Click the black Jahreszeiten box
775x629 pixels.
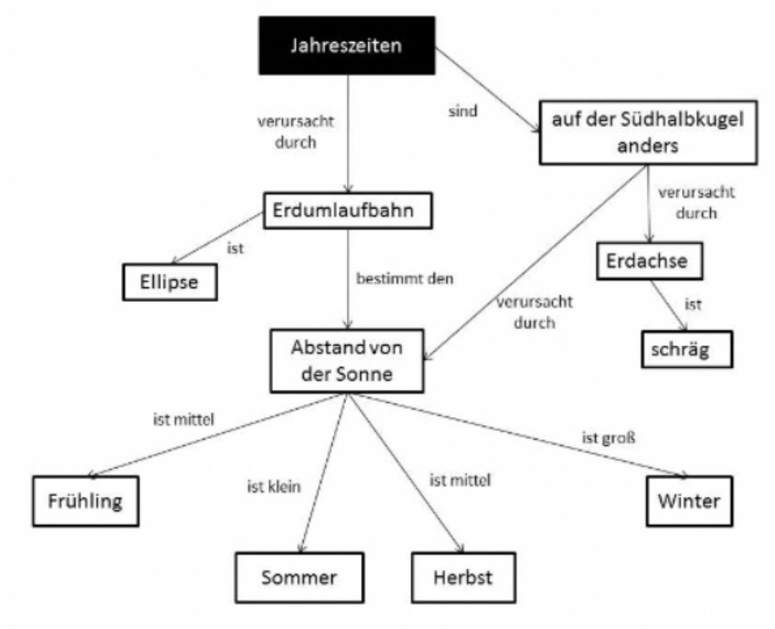[346, 45]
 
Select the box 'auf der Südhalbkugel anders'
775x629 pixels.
[648, 132]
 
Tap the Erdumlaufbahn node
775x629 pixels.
[348, 210]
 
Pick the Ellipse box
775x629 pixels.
[169, 282]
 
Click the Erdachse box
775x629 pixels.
[648, 261]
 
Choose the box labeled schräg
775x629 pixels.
[687, 349]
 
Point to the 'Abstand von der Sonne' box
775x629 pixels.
[347, 361]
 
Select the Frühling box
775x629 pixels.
[86, 501]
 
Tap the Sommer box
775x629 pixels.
[299, 577]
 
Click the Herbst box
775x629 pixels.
[463, 577]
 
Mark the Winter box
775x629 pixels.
[689, 501]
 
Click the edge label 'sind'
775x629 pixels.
[463, 111]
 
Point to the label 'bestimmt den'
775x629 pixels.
[405, 278]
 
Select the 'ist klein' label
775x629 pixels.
[274, 487]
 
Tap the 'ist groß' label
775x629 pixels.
[609, 438]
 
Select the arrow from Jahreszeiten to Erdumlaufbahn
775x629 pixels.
[348, 132]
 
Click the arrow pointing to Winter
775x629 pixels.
[523, 435]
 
